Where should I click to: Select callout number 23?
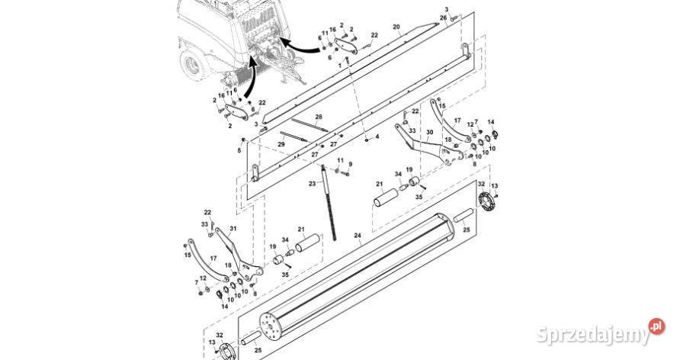tap(312, 184)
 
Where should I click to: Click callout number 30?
tap(430, 132)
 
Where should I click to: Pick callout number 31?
tap(233, 228)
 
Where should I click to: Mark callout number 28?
tap(319, 117)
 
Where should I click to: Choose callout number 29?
tap(281, 143)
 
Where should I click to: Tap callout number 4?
tap(376, 137)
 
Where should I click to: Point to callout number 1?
tap(339, 65)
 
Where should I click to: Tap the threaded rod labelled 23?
tap(330, 206)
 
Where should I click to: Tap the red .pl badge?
tap(656, 326)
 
